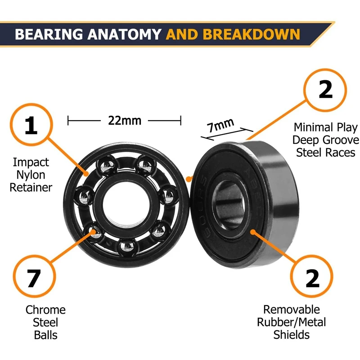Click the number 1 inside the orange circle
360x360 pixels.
31,126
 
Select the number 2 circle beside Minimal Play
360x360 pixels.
325,90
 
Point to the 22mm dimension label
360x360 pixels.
124,121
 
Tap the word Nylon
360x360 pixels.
31,174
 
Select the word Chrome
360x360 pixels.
45,310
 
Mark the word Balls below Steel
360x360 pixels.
45,335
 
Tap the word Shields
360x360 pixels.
291,335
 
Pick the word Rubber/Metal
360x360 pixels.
291,322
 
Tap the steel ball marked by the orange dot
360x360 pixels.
94,231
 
